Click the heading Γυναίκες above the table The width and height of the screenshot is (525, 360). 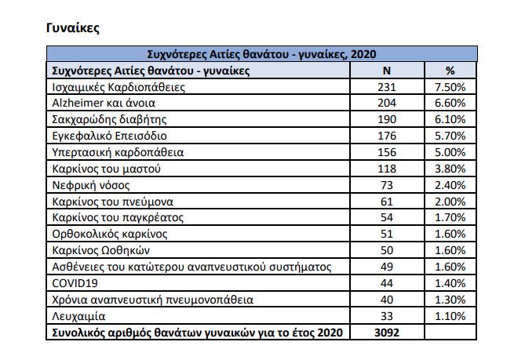(73, 28)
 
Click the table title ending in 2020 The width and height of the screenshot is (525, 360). (261, 54)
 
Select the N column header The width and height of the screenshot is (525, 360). (387, 71)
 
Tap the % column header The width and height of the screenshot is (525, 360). (450, 71)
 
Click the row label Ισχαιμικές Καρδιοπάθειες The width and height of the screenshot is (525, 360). (118, 87)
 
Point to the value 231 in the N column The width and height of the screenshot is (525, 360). (387, 87)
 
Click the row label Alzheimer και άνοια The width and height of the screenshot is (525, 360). (104, 103)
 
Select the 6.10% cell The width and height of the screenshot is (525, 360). (450, 119)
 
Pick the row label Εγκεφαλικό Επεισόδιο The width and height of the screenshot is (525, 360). (109, 136)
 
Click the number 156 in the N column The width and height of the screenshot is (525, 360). (387, 152)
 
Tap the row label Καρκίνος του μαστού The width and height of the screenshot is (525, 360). (106, 169)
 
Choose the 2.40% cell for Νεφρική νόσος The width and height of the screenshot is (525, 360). (450, 185)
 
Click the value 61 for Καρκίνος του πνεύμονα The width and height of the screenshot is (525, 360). (387, 202)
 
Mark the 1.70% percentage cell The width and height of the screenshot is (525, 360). (450, 217)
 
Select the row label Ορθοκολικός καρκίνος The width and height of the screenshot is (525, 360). (110, 234)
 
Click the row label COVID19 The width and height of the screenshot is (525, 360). (75, 283)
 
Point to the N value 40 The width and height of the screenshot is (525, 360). (387, 300)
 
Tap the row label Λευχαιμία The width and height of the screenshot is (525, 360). (78, 316)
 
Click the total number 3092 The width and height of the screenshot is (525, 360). (387, 333)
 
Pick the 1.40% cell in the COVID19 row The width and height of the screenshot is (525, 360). (450, 283)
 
